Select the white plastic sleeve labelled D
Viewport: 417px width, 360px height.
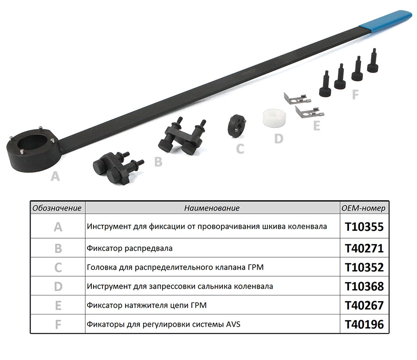pos(274,118)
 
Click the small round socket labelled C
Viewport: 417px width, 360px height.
pos(236,126)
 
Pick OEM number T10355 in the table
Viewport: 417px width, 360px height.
pos(364,227)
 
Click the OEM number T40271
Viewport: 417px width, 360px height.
pos(364,248)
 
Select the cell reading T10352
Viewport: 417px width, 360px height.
pos(364,267)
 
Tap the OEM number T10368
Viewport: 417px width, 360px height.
pos(364,287)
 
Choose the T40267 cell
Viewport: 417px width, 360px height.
pos(364,305)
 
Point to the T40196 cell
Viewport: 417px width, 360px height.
pos(364,325)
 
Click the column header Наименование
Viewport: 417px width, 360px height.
pos(212,208)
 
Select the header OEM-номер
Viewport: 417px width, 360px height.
pos(363,208)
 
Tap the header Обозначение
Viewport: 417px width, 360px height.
pos(57,208)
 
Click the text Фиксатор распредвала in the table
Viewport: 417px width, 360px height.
pos(130,248)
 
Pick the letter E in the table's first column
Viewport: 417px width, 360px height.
pos(58,305)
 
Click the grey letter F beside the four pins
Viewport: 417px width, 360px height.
pos(355,95)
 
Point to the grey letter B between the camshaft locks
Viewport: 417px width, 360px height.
pos(158,162)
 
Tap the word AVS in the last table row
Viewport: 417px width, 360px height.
pos(233,324)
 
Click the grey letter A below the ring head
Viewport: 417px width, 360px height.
pos(55,176)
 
